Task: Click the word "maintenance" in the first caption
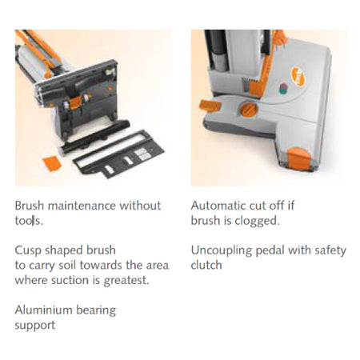coord(82,206)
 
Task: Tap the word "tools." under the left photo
coord(29,221)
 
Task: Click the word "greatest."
coord(126,281)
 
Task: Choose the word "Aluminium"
coord(43,310)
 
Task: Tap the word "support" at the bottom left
coord(35,326)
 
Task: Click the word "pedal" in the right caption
coord(270,251)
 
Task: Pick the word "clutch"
coord(206,265)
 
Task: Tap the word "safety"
coord(330,251)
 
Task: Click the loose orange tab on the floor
coord(52,163)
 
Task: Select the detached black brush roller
coord(95,136)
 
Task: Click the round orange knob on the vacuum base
coord(249,110)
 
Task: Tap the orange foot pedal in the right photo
coord(210,106)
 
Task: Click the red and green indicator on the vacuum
coord(283,89)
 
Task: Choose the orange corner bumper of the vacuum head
coord(299,159)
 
